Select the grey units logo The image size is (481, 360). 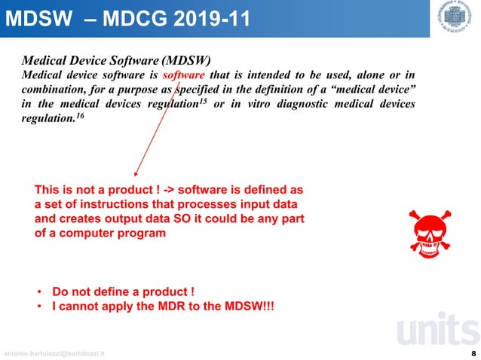[436, 333]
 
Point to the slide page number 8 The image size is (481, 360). [473, 352]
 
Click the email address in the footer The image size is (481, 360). [55, 353]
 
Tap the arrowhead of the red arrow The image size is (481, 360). [136, 172]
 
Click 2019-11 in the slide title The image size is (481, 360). [211, 17]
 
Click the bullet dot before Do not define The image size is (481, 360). [39, 291]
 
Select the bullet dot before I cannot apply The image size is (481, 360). [39, 307]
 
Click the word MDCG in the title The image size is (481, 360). [139, 17]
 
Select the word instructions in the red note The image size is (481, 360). [106, 205]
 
